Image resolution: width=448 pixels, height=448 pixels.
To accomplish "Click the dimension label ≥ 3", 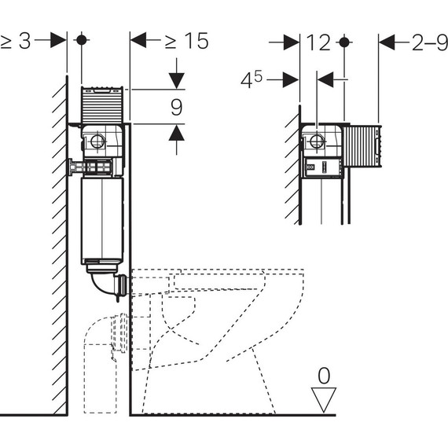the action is coord(16,42).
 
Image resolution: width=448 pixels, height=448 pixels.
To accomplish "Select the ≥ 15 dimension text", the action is coord(187,41).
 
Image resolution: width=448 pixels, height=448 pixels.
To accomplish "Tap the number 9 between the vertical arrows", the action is coord(176,107).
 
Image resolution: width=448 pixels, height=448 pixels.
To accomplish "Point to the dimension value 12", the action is coord(318,42).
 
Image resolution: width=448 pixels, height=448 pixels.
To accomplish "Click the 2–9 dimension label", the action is coord(430,42).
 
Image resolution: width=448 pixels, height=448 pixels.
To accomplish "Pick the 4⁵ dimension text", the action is coord(252,79).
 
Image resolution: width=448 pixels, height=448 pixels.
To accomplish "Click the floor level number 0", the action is coord(324,376).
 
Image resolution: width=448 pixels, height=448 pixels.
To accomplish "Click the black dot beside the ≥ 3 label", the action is coord(82,40).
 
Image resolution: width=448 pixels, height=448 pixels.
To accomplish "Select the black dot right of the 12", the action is coord(344,42).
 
